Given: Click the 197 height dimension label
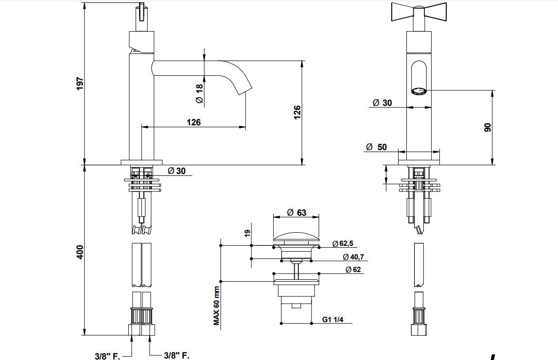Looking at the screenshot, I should (80, 83).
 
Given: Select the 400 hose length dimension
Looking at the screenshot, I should (80, 251).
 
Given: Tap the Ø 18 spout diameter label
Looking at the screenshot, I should (199, 93).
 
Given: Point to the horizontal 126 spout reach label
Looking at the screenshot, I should (193, 122).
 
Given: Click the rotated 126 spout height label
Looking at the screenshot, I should (297, 112).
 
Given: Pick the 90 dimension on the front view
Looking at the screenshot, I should (488, 127).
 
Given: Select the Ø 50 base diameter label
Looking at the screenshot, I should (376, 147).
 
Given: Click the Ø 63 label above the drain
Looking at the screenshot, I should (296, 212).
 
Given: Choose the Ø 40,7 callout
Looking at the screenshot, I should (353, 257).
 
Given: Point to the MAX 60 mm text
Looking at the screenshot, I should (217, 305).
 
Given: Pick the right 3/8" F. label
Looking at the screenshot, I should (176, 356).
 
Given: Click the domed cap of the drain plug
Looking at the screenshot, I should (296, 236).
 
